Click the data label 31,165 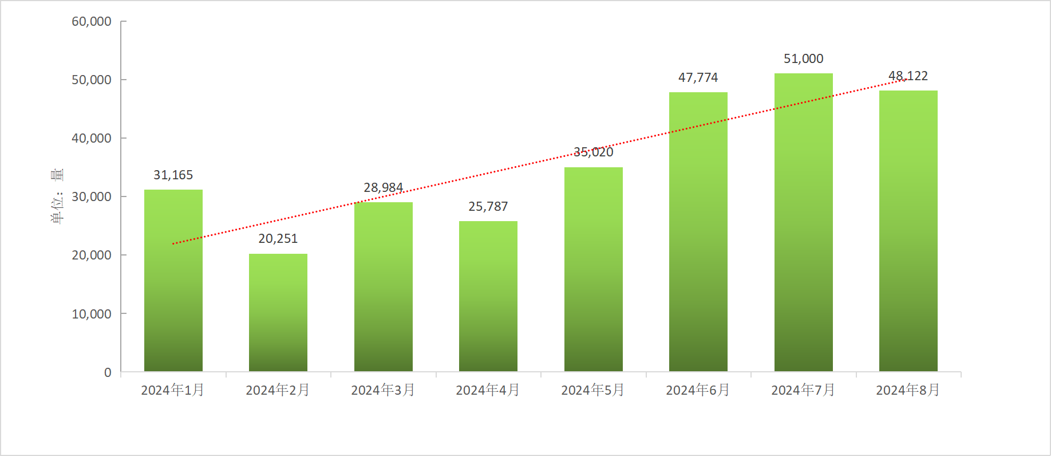click(173, 175)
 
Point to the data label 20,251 click(278, 239)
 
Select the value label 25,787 click(488, 207)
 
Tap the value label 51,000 click(803, 59)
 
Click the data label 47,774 click(698, 78)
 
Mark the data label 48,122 click(908, 76)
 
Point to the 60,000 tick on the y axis click(92, 22)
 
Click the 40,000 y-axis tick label click(92, 139)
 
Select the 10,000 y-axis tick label click(92, 314)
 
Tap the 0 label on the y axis click(108, 372)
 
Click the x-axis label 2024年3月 click(383, 390)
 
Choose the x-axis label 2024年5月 click(593, 390)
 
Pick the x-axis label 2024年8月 click(908, 390)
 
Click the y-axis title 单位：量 click(57, 196)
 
